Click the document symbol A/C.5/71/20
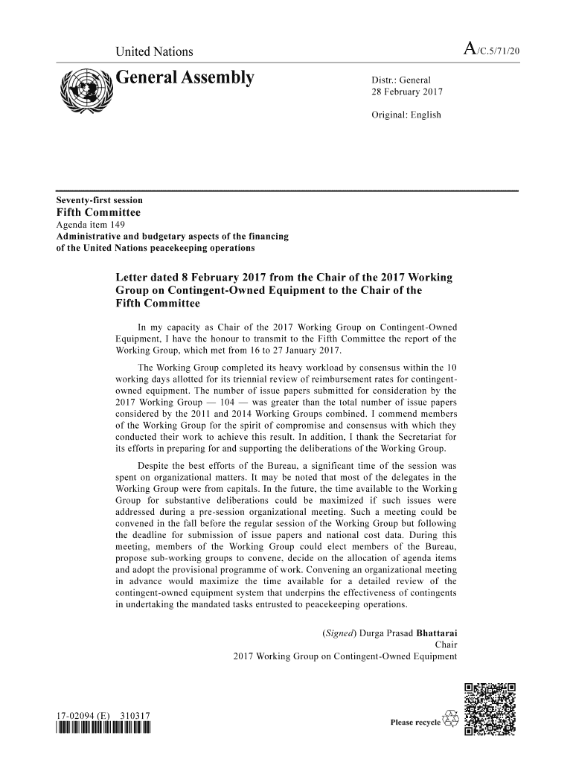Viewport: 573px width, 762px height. (x=491, y=51)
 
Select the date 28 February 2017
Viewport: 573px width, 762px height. (x=407, y=92)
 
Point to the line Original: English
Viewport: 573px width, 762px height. (x=406, y=115)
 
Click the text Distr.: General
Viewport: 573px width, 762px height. (x=401, y=80)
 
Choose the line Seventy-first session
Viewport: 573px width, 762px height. (x=100, y=200)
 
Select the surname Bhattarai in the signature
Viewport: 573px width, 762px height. (x=437, y=634)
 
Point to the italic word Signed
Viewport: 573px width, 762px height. (x=339, y=634)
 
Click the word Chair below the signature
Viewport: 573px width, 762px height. (x=446, y=645)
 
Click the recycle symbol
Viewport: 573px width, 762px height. (x=450, y=718)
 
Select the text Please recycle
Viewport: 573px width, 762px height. (x=415, y=723)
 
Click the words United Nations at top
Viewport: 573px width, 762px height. (x=154, y=51)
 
